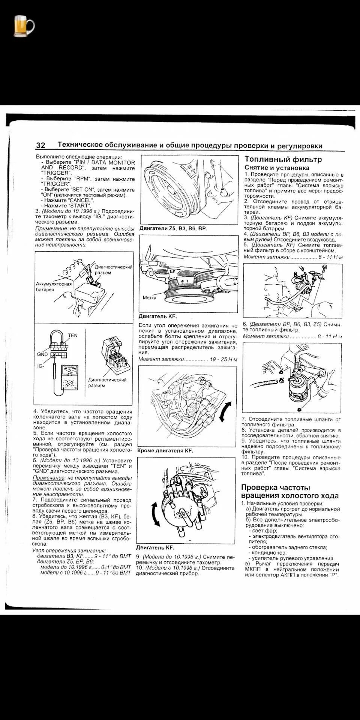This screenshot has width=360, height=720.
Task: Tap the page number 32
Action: [x=40, y=145]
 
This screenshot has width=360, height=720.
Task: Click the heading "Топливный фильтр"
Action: [x=283, y=159]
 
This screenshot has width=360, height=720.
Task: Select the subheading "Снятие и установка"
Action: [x=277, y=168]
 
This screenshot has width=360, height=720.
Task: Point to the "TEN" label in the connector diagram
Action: [x=73, y=335]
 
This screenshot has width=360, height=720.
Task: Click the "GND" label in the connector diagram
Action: [x=42, y=354]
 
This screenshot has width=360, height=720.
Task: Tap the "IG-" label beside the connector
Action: [x=41, y=366]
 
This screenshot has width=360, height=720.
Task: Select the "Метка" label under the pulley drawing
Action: [x=150, y=298]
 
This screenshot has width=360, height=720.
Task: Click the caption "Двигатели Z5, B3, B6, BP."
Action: [x=173, y=228]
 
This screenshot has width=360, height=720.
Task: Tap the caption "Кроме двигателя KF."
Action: [x=165, y=450]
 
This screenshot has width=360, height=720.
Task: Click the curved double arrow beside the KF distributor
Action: [x=154, y=514]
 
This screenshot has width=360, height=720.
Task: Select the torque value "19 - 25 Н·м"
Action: [x=223, y=359]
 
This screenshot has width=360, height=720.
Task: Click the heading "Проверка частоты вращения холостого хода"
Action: [x=289, y=492]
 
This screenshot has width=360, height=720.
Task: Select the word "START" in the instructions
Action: [x=80, y=205]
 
